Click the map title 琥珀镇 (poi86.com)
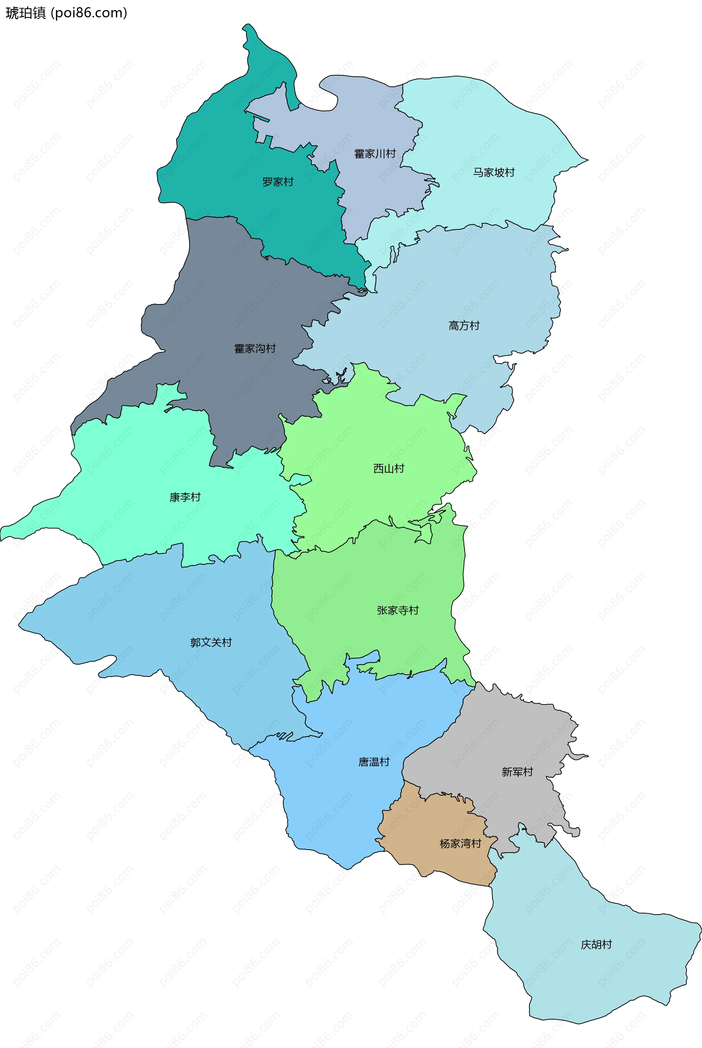pyautogui.click(x=66, y=13)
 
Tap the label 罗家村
pyautogui.click(x=278, y=182)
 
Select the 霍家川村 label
pyautogui.click(x=375, y=154)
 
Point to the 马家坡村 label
pyautogui.click(x=494, y=172)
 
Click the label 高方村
pyautogui.click(x=464, y=326)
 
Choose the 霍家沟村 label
pyautogui.click(x=255, y=349)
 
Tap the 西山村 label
pyautogui.click(x=389, y=469)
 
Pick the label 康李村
pyautogui.click(x=185, y=497)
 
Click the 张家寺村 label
pyautogui.click(x=397, y=610)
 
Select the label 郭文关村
pyautogui.click(x=211, y=643)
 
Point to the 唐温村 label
pyautogui.click(x=374, y=762)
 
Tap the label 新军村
pyautogui.click(x=517, y=772)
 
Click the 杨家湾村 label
pyautogui.click(x=460, y=844)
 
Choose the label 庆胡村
pyautogui.click(x=596, y=944)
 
